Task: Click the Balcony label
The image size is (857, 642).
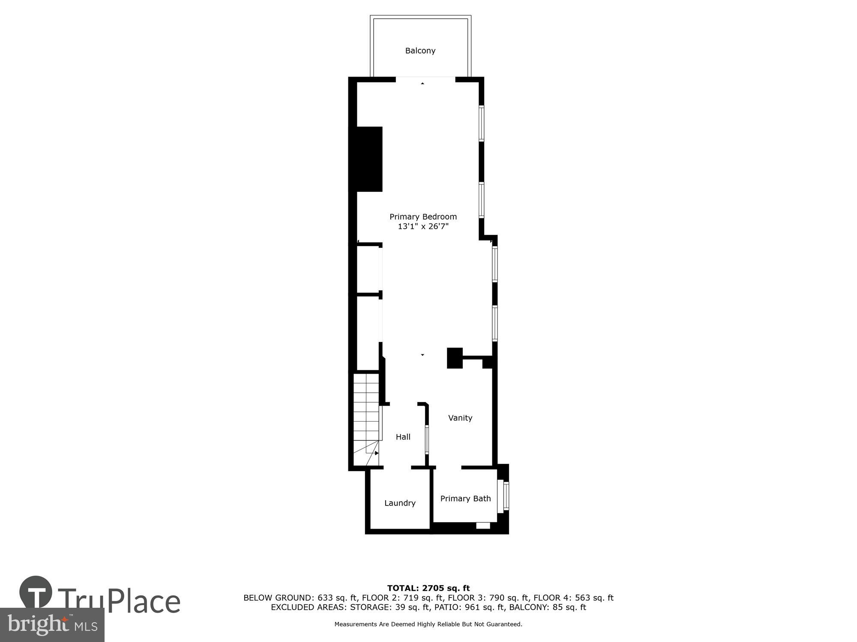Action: [x=420, y=51]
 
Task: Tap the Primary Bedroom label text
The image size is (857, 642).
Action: [x=423, y=217]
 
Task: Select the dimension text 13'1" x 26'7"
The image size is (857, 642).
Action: [x=423, y=226]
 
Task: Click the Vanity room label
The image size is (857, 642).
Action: [x=460, y=418]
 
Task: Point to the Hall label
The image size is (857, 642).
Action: [x=403, y=437]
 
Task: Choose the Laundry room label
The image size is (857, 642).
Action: [x=399, y=503]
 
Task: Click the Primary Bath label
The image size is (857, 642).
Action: [x=465, y=499]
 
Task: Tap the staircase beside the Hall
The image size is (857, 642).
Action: [x=366, y=417]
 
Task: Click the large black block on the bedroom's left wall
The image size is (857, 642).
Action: [x=367, y=159]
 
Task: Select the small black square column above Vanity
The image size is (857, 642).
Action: [x=455, y=358]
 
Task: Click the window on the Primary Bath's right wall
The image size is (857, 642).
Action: [x=506, y=496]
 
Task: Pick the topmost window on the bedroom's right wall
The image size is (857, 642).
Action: [x=481, y=123]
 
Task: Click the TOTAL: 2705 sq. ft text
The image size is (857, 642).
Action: [x=428, y=588]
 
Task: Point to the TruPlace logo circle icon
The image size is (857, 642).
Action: [x=36, y=592]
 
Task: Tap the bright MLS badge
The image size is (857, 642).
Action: [x=52, y=625]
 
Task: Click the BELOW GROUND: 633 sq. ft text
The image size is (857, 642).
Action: [x=300, y=597]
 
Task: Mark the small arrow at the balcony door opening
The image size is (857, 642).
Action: [x=423, y=83]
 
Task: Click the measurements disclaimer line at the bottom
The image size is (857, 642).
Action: [x=428, y=624]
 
